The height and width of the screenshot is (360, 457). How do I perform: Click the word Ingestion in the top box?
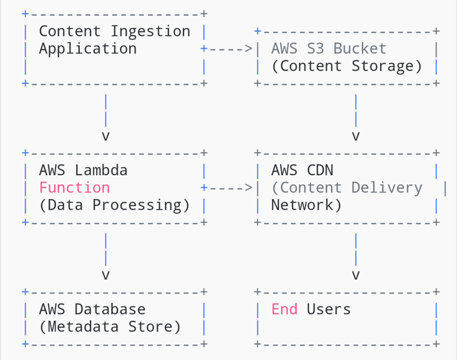point(150,31)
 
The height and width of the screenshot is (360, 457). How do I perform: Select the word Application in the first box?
point(87,48)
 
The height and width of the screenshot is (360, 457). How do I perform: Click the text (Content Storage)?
point(346,66)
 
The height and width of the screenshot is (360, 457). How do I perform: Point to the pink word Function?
point(74,188)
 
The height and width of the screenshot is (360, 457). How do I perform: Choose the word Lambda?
point(101,170)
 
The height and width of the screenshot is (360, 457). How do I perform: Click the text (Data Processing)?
point(114,205)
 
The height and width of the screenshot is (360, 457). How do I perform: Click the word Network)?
point(306,205)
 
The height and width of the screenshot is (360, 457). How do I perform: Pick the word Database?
point(110,309)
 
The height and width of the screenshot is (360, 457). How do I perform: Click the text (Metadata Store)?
point(110,327)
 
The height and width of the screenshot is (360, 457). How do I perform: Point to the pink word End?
point(284,309)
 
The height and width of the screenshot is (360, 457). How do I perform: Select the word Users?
point(328,309)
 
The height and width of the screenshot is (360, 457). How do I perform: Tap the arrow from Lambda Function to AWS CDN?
point(229,188)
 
